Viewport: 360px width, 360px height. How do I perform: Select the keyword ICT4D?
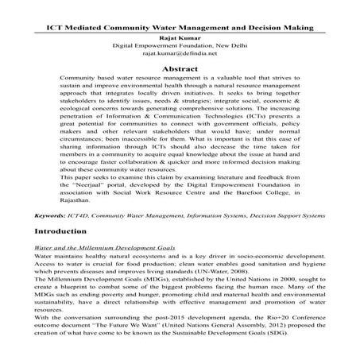(x=87, y=215)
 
